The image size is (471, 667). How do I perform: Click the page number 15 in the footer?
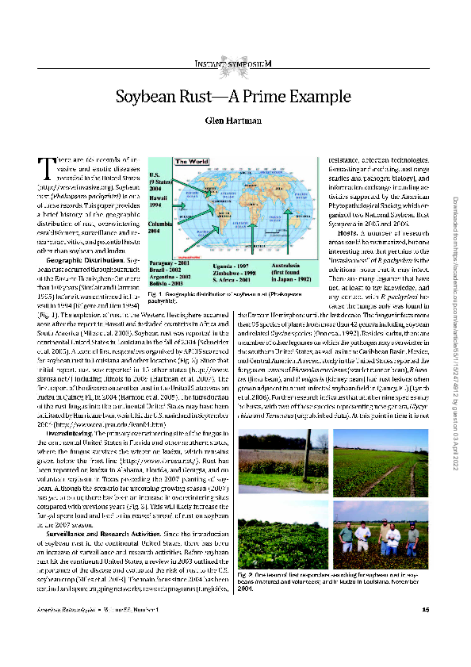[426, 631]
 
